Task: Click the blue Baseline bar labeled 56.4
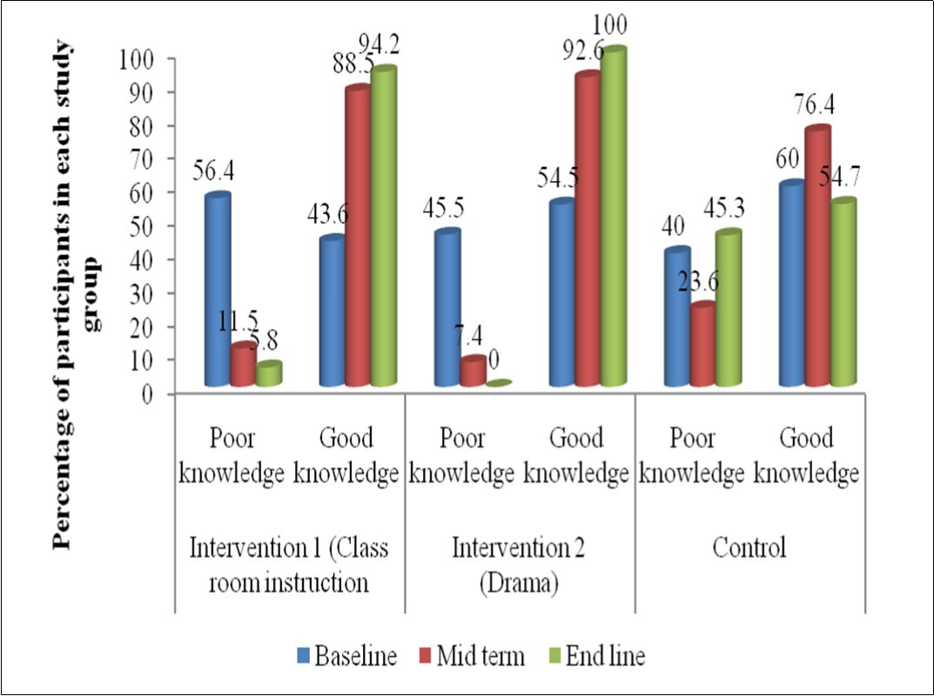(x=218, y=291)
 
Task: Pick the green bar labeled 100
(x=614, y=217)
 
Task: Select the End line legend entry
(x=601, y=656)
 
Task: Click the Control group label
(x=749, y=548)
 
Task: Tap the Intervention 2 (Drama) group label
(x=519, y=565)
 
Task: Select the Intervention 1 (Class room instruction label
(x=290, y=565)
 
